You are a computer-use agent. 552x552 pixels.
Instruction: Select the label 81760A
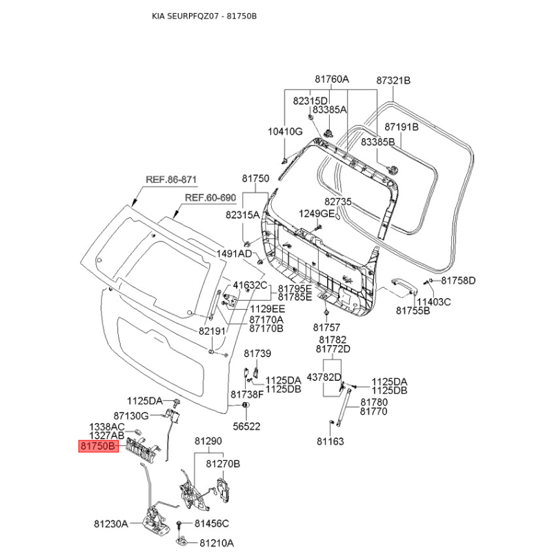coord(332,79)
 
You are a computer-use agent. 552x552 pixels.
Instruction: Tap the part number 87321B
coord(393,80)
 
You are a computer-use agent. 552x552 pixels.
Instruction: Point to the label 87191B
coord(402,127)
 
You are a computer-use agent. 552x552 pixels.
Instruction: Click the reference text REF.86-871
coord(171,179)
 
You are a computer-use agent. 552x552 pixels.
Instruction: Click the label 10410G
coord(285,131)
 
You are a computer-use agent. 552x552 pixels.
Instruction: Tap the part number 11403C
coord(433,302)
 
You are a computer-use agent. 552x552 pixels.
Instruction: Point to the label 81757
coord(326,327)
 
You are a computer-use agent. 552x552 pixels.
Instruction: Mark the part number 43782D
coord(324,377)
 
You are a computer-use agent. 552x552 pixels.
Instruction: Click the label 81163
coord(330,441)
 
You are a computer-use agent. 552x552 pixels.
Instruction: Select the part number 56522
coord(246,426)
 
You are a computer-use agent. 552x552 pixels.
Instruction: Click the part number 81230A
coord(111,524)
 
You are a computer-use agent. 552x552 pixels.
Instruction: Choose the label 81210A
coord(216,542)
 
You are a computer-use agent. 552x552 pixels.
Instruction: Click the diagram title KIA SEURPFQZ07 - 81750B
coord(199,15)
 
